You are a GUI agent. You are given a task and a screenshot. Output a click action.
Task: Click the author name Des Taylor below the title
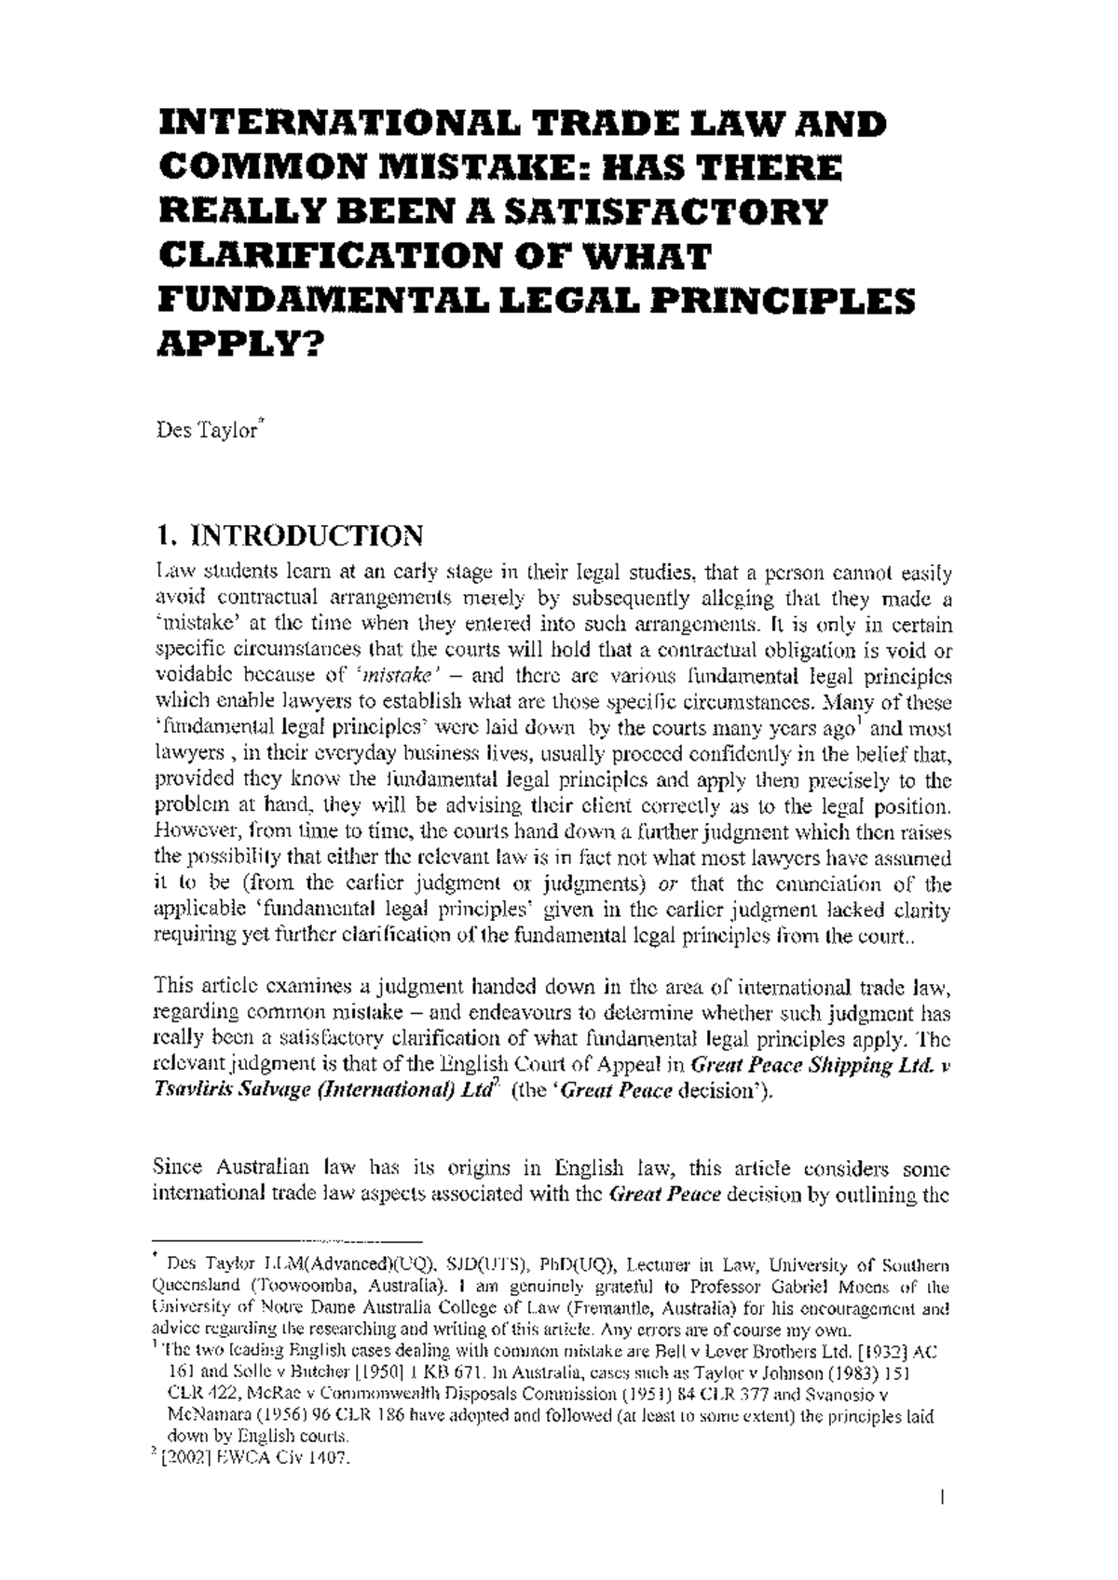(207, 432)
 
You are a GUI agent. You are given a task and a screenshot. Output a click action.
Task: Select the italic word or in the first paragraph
(659, 883)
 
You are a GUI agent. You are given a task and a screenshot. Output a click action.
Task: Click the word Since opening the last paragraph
(177, 1168)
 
